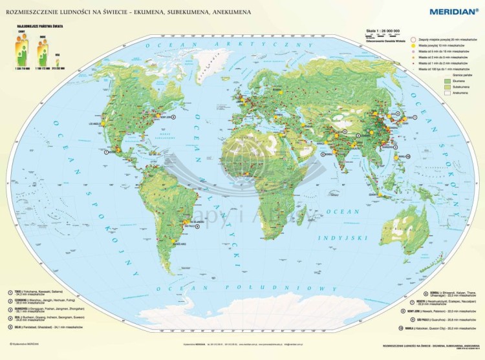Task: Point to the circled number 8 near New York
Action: click(x=174, y=117)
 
